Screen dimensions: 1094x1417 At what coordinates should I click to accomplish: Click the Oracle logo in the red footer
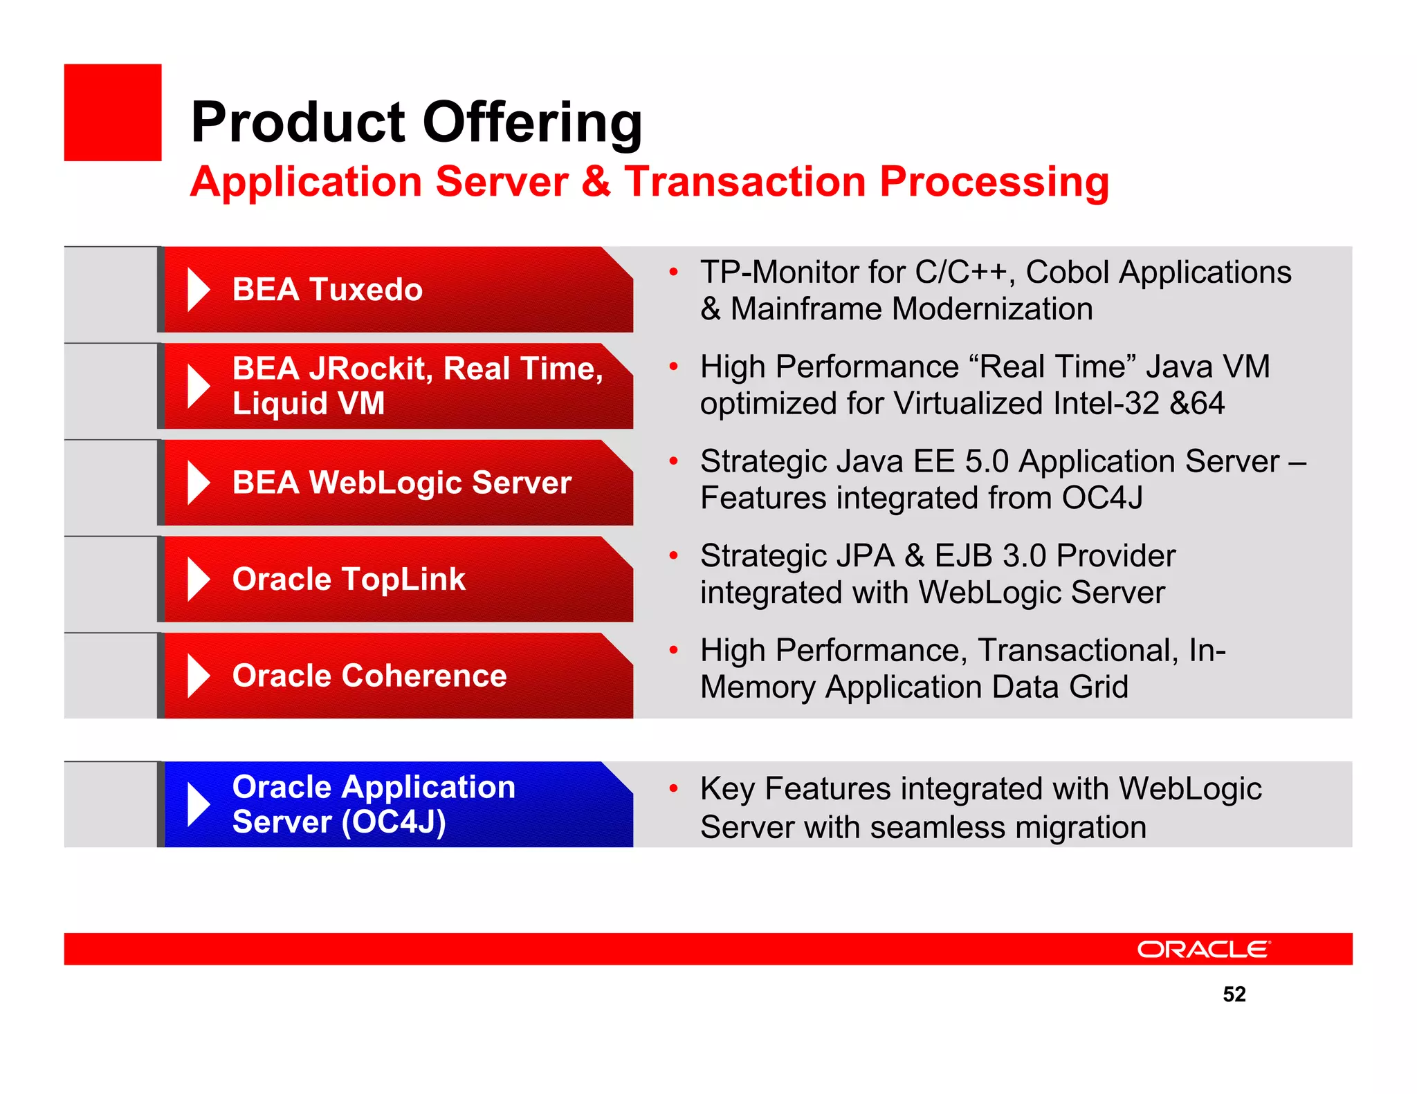(x=1203, y=949)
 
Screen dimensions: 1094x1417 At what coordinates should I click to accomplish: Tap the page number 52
(x=1234, y=994)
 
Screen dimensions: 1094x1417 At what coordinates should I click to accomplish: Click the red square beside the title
(x=113, y=113)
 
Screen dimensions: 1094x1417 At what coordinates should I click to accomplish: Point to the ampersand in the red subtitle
(x=596, y=182)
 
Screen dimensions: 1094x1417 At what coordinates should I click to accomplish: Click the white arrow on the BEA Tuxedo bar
(x=198, y=289)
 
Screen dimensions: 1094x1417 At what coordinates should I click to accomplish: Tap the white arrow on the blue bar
(x=198, y=804)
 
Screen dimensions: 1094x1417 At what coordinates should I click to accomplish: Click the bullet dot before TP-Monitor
(x=673, y=272)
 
